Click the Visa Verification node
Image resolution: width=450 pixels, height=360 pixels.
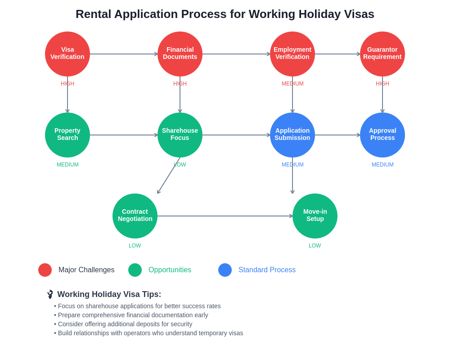click(x=67, y=54)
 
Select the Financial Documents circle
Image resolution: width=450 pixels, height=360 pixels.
click(x=180, y=54)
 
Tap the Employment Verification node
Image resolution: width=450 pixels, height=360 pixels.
click(x=292, y=54)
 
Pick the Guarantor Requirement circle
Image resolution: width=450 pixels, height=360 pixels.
click(x=382, y=54)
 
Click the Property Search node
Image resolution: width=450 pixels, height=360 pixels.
click(x=67, y=135)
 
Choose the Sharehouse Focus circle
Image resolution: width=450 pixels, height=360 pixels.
click(x=180, y=135)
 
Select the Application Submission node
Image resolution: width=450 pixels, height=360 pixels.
click(x=292, y=135)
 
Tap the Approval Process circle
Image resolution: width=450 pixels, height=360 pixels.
click(x=382, y=135)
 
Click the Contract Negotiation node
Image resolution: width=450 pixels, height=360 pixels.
click(x=135, y=216)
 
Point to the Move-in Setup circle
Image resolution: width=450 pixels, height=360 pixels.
click(x=315, y=216)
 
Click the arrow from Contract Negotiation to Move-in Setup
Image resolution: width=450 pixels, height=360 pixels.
click(x=225, y=216)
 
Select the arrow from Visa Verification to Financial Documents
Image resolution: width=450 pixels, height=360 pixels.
click(x=124, y=54)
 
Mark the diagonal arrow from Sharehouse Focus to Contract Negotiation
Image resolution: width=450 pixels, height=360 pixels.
click(x=169, y=175)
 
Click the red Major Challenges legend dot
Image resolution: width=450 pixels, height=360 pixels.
click(x=45, y=270)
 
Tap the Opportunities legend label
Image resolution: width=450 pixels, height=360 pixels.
click(x=170, y=270)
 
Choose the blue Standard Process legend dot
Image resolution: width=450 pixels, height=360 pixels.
click(x=225, y=270)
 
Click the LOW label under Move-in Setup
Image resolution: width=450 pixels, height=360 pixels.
click(x=315, y=246)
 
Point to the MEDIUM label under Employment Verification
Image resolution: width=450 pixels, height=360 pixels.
click(x=292, y=84)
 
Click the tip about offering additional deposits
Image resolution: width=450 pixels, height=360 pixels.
click(x=123, y=324)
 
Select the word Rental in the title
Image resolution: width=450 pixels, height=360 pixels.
click(x=93, y=14)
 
